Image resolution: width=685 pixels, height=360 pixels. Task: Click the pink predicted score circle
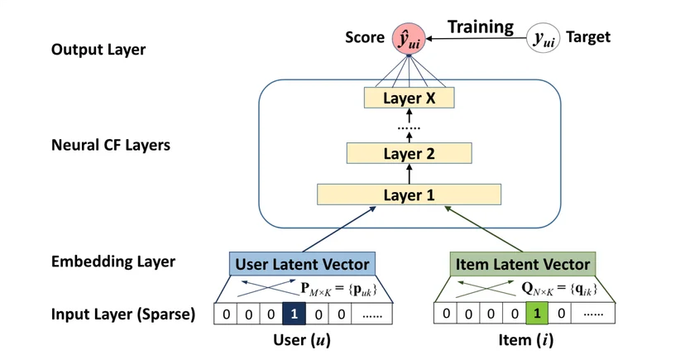(409, 39)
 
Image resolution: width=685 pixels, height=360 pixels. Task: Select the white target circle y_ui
(543, 38)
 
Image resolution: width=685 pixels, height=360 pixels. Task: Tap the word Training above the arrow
(481, 27)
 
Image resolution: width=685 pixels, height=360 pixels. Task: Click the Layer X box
(409, 98)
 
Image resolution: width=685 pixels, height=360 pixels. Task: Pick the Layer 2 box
(409, 153)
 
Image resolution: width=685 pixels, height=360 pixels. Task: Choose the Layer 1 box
(409, 194)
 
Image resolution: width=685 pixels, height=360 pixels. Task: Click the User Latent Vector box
(302, 264)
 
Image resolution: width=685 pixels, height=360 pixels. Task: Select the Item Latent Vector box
(523, 264)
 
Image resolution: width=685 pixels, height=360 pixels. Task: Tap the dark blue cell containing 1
(294, 314)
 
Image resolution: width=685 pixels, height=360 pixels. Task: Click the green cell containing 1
(537, 314)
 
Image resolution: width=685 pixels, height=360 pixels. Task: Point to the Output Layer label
(98, 50)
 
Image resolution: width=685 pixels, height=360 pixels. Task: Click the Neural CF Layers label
(111, 145)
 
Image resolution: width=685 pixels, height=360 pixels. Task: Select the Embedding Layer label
(113, 262)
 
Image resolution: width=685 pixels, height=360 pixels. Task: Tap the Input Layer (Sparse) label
(123, 314)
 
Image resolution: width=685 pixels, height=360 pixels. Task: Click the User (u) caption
(302, 340)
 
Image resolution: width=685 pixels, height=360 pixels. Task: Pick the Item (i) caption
(526, 340)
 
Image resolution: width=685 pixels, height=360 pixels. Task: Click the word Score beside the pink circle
(365, 37)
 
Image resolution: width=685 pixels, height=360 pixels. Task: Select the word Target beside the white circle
(588, 37)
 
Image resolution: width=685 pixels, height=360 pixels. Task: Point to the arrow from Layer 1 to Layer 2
(410, 174)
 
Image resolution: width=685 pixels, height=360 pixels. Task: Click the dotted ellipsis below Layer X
(409, 128)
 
